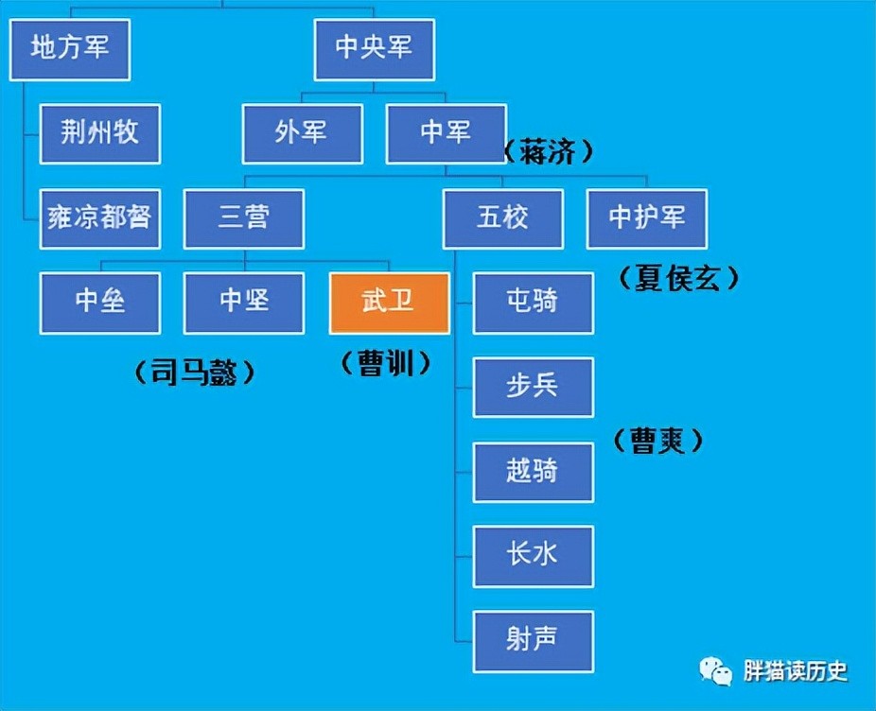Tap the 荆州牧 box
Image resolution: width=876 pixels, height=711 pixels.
100,133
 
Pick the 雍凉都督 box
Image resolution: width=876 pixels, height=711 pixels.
100,217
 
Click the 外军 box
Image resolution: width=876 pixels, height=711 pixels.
302,133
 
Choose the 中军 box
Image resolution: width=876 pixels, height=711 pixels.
446,133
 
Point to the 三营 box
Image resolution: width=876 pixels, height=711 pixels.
244,218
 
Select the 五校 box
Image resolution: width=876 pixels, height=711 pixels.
503,218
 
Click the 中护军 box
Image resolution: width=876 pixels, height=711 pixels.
647,218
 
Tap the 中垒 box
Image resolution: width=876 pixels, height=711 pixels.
100,303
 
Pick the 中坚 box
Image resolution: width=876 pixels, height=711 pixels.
244,303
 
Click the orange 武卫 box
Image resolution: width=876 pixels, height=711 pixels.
389,303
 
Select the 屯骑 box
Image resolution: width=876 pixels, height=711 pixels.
534,303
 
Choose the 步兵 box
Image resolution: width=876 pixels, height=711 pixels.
534,387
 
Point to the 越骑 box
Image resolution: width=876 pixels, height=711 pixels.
534,471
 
